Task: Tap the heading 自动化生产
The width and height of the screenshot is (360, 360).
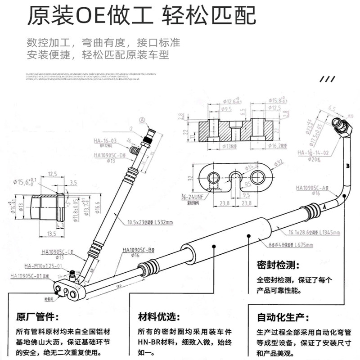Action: pos(279,318)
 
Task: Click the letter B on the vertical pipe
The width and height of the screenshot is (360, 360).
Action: pos(347,166)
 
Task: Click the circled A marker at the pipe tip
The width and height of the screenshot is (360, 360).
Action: pos(143,120)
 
